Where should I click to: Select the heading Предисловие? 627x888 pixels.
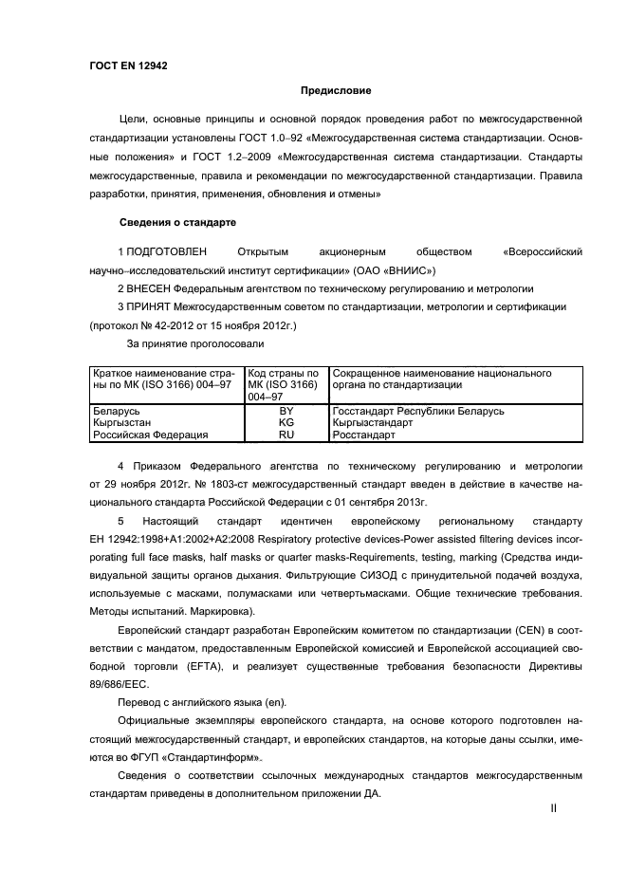pyautogui.click(x=335, y=91)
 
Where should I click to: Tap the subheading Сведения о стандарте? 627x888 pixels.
pyautogui.click(x=177, y=222)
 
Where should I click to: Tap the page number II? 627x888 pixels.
pyautogui.click(x=553, y=808)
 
